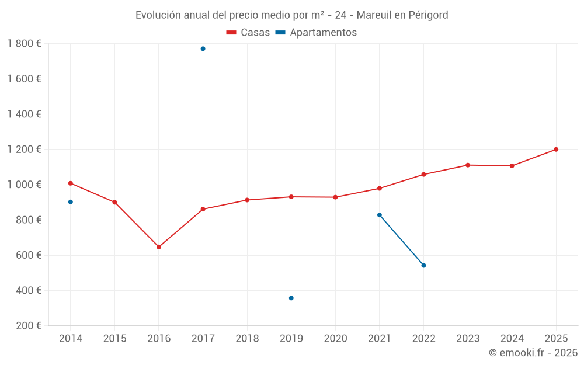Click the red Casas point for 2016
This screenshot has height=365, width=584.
(x=159, y=247)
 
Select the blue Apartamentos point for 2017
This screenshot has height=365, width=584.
(x=203, y=48)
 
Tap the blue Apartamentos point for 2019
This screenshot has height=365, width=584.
(x=291, y=298)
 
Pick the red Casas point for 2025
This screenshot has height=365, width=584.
(x=556, y=150)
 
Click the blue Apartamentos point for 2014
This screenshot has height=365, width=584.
(x=71, y=202)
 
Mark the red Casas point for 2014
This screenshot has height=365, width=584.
(x=71, y=183)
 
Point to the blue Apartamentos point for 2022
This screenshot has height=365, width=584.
(x=423, y=266)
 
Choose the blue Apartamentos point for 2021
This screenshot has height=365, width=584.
(x=380, y=215)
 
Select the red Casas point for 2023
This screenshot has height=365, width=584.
(x=468, y=165)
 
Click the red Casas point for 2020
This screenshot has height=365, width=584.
(x=335, y=197)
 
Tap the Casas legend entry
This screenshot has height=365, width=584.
(x=248, y=33)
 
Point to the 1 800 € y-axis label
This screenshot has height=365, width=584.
(x=24, y=44)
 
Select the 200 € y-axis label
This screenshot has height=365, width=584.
(x=28, y=326)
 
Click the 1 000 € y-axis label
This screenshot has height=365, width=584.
(x=24, y=185)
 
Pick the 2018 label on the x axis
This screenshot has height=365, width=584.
(x=247, y=339)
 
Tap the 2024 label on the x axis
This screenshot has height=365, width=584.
(x=512, y=339)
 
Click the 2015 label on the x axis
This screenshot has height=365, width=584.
(x=114, y=339)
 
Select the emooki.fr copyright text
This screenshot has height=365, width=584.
(x=533, y=353)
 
